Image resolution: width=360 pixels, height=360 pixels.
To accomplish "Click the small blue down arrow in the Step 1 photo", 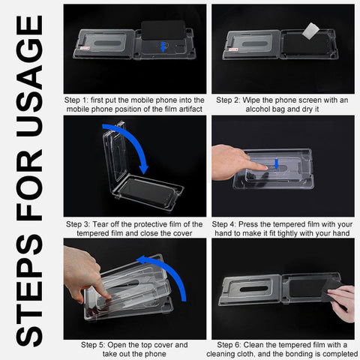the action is tap(163, 47).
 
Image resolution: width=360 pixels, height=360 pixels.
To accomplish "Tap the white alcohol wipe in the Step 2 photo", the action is tap(310, 31).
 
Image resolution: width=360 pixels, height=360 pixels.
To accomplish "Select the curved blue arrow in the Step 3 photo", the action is tap(128, 147).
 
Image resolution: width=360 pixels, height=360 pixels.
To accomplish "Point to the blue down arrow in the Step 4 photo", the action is tap(277, 163).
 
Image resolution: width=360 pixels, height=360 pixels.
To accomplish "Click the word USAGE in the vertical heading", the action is tap(30, 76).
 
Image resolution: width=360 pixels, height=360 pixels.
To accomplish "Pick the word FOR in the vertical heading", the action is tap(29, 185).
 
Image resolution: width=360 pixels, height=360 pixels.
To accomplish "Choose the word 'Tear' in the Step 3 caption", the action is tap(100, 224).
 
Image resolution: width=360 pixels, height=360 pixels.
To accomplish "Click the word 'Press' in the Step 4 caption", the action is tap(248, 224).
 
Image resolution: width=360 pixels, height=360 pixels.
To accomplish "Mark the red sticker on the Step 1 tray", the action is tap(85, 48).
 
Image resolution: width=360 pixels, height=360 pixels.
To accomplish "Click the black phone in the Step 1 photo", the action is tap(163, 30).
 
